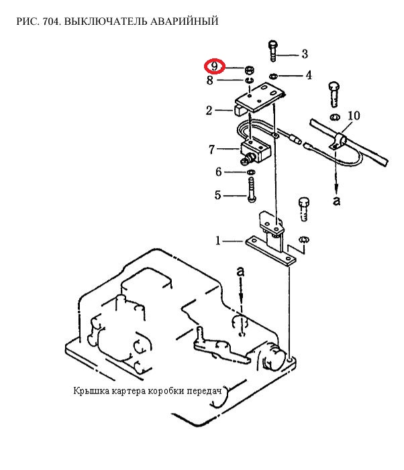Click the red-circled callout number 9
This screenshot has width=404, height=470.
point(215,66)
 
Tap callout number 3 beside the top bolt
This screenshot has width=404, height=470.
point(305,54)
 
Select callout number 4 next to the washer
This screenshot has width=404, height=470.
point(309,75)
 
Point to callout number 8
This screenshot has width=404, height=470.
point(210,80)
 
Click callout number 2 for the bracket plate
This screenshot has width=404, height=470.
point(209,111)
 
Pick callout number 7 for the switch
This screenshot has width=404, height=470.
point(212,150)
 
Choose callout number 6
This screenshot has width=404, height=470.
point(219,172)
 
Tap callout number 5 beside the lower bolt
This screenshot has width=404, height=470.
point(217,195)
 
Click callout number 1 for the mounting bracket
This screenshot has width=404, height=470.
point(218,241)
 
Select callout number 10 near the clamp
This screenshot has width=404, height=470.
point(354,115)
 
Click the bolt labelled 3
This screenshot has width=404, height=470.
point(272,51)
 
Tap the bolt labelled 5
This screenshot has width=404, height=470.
point(252,190)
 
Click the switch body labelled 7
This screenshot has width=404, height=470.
point(255,151)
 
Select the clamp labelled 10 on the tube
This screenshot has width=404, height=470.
point(338,140)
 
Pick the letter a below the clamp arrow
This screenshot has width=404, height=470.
point(336,201)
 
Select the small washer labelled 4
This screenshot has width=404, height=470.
point(273,76)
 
